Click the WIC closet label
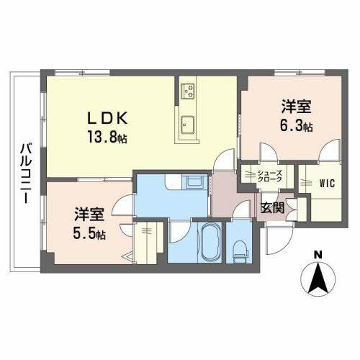coord(328,182)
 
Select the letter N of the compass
coord(318,255)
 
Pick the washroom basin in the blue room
coord(194,182)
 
